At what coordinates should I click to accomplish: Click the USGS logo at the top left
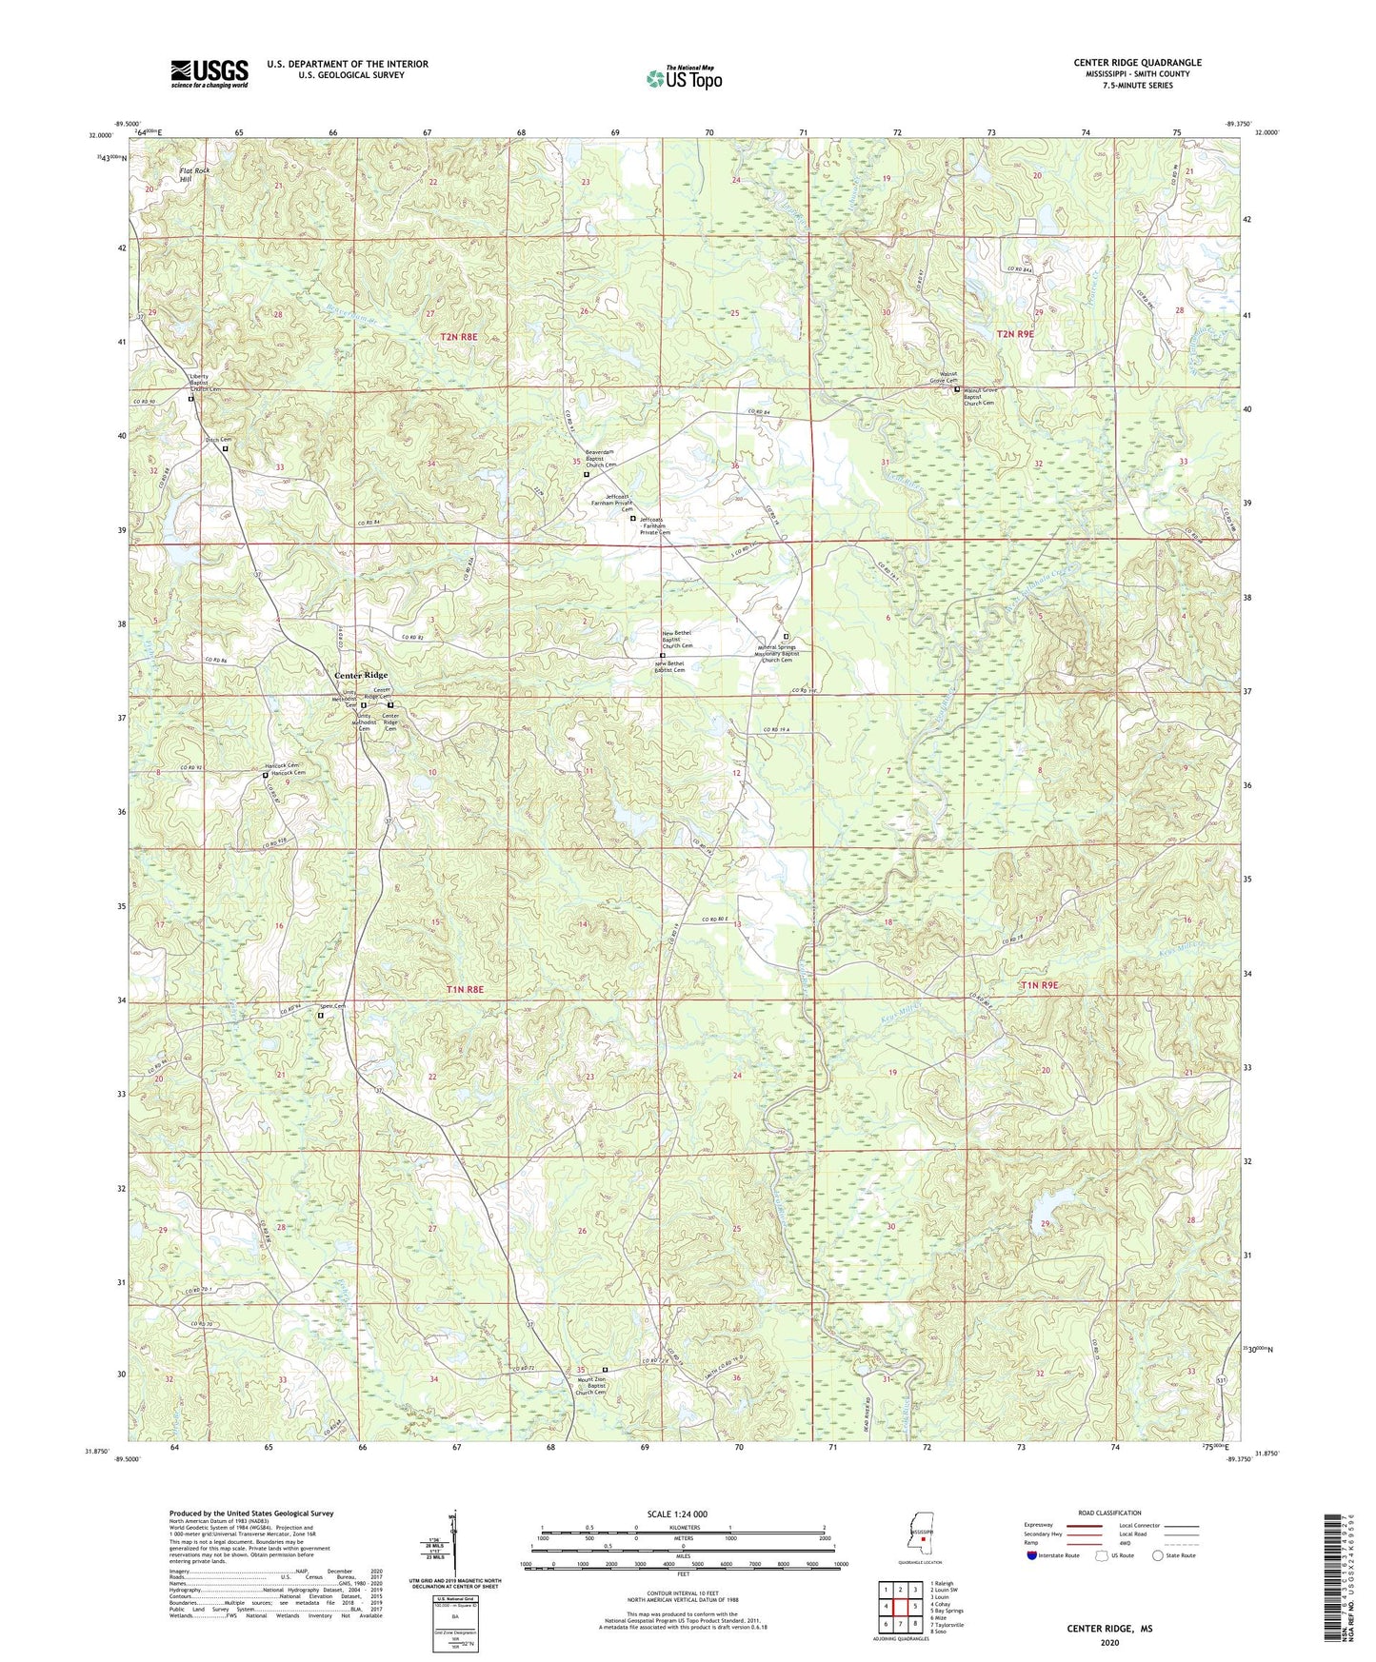209,73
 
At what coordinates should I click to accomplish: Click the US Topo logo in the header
683,78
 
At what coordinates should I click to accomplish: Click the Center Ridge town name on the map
361,675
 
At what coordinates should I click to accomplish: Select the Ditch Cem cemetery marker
226,448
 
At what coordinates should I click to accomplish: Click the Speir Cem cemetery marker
320,1015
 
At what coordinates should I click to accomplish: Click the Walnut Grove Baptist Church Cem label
984,396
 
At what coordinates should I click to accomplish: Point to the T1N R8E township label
466,990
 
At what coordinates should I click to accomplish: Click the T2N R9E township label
1014,334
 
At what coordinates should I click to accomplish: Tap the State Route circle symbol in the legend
1158,1555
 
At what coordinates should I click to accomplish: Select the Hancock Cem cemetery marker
266,776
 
